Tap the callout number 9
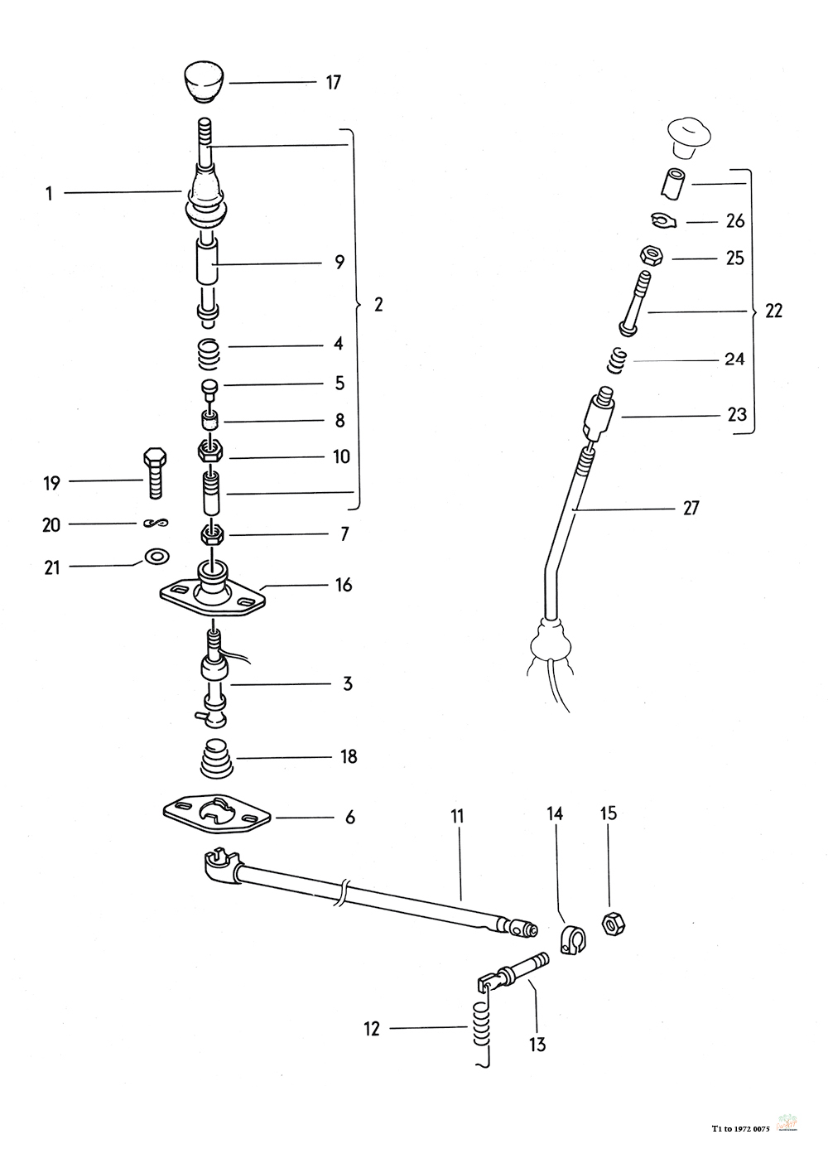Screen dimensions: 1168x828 click(x=339, y=263)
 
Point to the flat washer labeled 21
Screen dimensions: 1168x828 click(x=153, y=555)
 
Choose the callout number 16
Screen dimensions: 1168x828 click(x=344, y=585)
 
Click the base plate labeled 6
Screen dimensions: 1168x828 click(x=218, y=817)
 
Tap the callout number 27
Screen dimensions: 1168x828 click(x=691, y=508)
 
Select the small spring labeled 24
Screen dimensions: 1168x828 click(x=618, y=360)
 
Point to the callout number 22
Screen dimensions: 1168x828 click(x=773, y=311)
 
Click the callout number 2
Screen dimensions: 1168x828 click(x=378, y=305)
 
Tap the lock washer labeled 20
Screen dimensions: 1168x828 click(x=154, y=523)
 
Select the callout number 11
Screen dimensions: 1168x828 click(x=457, y=816)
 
